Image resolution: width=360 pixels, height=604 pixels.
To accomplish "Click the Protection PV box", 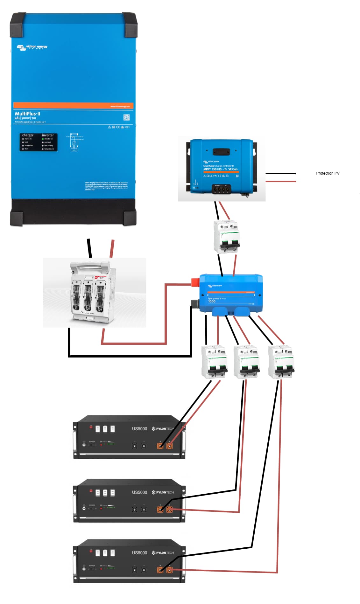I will click(x=328, y=173).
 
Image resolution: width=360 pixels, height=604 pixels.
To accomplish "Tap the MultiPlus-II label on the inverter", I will click(x=28, y=114).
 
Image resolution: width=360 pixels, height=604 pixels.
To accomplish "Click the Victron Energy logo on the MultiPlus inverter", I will click(x=32, y=47).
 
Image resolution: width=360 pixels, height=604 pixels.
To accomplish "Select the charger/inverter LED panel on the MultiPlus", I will click(x=39, y=142).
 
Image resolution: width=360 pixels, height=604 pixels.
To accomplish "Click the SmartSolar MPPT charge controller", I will click(x=222, y=167).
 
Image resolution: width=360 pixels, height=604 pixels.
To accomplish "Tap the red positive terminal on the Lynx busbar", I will click(x=195, y=282).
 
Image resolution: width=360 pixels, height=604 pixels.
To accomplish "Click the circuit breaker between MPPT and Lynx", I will click(x=226, y=237).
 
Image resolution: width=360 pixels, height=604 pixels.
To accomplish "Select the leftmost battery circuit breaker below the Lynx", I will click(x=214, y=362).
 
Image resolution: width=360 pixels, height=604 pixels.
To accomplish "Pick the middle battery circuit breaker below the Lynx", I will click(x=246, y=362).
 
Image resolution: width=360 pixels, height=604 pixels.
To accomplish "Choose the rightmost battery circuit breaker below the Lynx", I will click(x=281, y=362).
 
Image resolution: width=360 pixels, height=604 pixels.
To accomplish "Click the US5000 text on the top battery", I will click(x=139, y=429).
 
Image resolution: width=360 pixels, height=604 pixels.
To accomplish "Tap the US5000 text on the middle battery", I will click(x=139, y=492).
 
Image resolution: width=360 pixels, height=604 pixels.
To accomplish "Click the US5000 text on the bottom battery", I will click(x=139, y=553).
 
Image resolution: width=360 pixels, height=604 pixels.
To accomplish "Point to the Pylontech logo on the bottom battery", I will click(x=163, y=553).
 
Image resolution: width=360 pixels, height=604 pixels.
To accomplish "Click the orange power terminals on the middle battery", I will click(x=165, y=510).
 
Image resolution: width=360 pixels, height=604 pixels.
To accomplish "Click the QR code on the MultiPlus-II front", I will click(x=126, y=118).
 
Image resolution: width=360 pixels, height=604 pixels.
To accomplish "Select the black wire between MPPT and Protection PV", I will click(x=280, y=173).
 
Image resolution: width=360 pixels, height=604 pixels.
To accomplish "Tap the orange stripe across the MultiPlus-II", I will click(x=73, y=105).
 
